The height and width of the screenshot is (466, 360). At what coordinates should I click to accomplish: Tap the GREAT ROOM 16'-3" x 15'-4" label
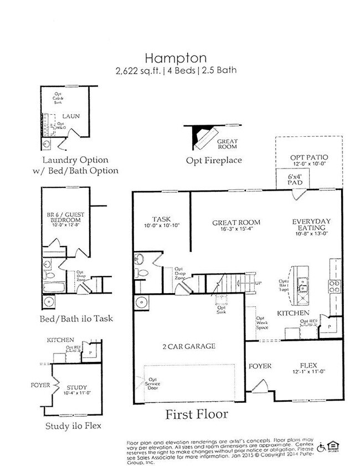(x=236, y=226)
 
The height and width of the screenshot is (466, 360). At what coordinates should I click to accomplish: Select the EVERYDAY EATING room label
(x=311, y=225)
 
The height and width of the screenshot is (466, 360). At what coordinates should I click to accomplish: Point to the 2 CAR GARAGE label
(x=189, y=346)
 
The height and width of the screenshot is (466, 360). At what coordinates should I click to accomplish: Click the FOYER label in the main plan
(x=259, y=366)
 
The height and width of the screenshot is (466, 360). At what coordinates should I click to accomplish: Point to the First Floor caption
(x=197, y=414)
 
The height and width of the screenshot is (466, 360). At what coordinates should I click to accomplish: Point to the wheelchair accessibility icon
(x=321, y=448)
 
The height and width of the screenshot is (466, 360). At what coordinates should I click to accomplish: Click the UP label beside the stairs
(x=257, y=283)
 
